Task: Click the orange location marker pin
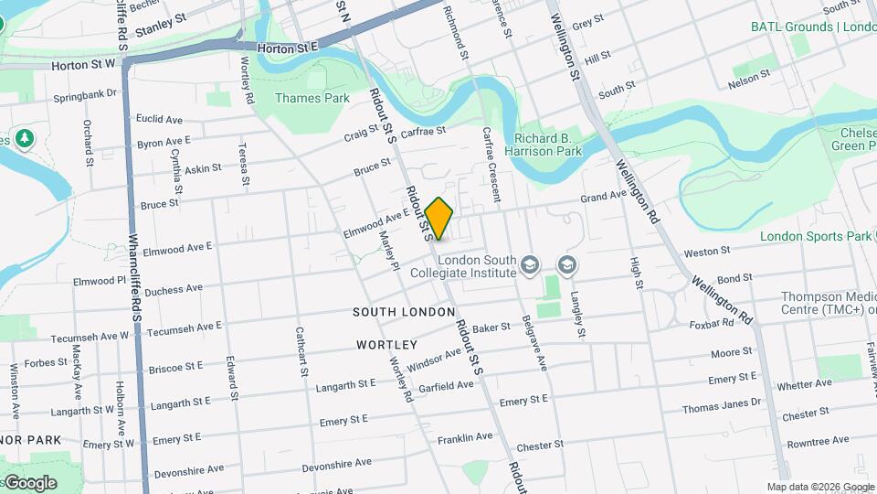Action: [439, 218]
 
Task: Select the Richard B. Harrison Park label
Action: [548, 144]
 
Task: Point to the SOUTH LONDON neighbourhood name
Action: [404, 313]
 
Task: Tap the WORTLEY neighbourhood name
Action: [387, 345]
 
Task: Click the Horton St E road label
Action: [287, 47]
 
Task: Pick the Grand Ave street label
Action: [604, 197]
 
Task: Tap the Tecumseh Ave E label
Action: [184, 328]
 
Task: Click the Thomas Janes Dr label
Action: [721, 403]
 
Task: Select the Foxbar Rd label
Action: [713, 323]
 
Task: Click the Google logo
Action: [29, 482]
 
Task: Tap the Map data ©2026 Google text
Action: [820, 487]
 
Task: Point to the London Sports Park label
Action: [817, 236]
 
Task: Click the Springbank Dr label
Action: [86, 93]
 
